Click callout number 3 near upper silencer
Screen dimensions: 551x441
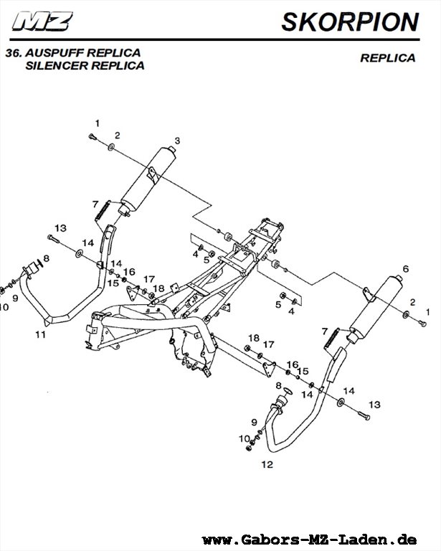pos(177,139)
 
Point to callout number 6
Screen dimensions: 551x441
pos(406,268)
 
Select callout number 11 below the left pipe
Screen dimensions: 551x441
pos(41,334)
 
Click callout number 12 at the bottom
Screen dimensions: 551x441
pos(267,464)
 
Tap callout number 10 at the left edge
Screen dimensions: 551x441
pos(4,306)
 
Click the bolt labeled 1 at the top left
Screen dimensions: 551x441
pos(92,136)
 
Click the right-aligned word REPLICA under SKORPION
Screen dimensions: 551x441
pos(387,58)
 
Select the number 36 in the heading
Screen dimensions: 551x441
pos(12,53)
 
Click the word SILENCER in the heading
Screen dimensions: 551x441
pos(55,65)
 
